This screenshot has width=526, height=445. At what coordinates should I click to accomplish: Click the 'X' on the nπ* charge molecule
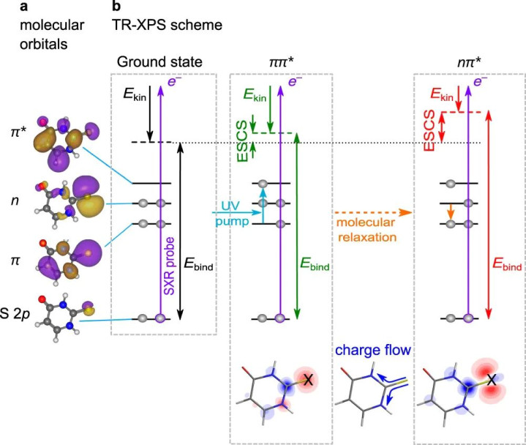[x=493, y=378]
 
